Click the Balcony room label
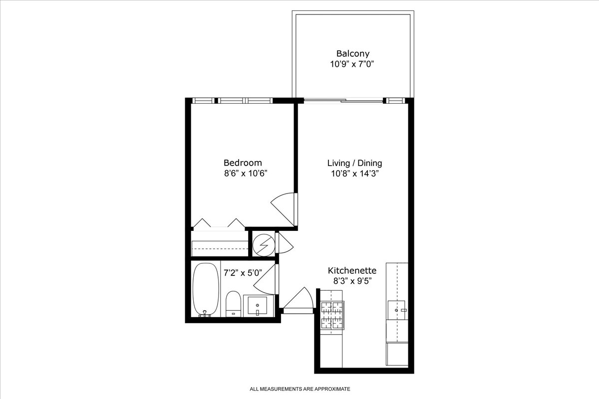tap(352, 53)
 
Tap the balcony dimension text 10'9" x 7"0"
tap(352, 64)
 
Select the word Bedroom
tap(243, 163)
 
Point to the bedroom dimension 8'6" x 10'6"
tap(243, 174)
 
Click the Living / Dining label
tap(354, 163)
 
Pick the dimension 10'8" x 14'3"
tap(354, 174)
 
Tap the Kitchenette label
tap(352, 270)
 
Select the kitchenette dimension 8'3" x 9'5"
tap(352, 281)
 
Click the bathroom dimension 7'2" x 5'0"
tap(242, 273)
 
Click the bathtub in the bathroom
tap(205, 289)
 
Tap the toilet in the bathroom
tap(233, 304)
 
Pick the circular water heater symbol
tap(263, 244)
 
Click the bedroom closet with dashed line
tap(220, 244)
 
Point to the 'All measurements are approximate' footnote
tap(300, 389)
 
